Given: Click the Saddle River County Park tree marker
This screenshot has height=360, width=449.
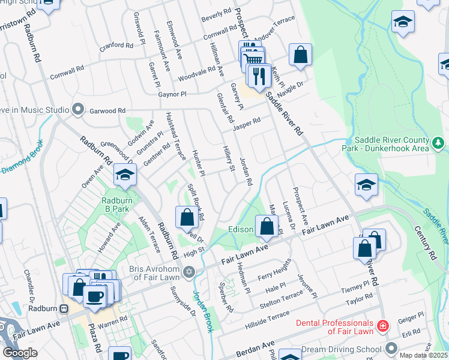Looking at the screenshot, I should click(439, 142).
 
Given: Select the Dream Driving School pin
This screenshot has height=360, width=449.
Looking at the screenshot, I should click(392, 349).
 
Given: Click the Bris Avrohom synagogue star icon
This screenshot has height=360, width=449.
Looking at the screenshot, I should click(190, 272).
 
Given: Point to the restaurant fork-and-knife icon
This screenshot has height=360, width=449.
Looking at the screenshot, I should click(259, 76).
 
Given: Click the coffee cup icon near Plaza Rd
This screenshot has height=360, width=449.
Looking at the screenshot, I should click(94, 296).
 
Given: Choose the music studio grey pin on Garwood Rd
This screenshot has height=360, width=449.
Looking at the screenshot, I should click(77, 109).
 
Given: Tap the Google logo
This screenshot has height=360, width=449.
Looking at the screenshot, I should click(20, 353).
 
